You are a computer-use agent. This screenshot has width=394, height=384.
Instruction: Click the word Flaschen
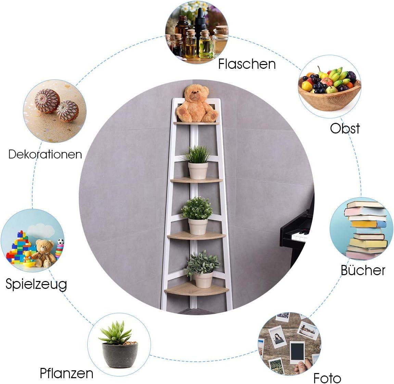[247, 64]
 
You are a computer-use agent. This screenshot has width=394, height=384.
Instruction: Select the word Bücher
[363, 270]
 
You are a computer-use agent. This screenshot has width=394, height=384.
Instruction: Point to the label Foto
[327, 378]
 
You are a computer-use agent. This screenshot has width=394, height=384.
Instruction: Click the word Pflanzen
[67, 374]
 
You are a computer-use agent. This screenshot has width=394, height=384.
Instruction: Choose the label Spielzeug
[36, 284]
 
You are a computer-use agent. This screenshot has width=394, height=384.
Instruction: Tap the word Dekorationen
[45, 154]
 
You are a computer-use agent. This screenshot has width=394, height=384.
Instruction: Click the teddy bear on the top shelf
[197, 104]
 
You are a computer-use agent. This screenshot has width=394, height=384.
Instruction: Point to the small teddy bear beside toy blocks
[45, 253]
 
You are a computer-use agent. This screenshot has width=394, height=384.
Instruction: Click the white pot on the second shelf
[198, 171]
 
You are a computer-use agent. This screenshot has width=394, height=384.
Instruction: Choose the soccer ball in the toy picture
[61, 242]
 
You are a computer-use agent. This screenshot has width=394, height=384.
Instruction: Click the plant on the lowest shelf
[202, 264]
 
